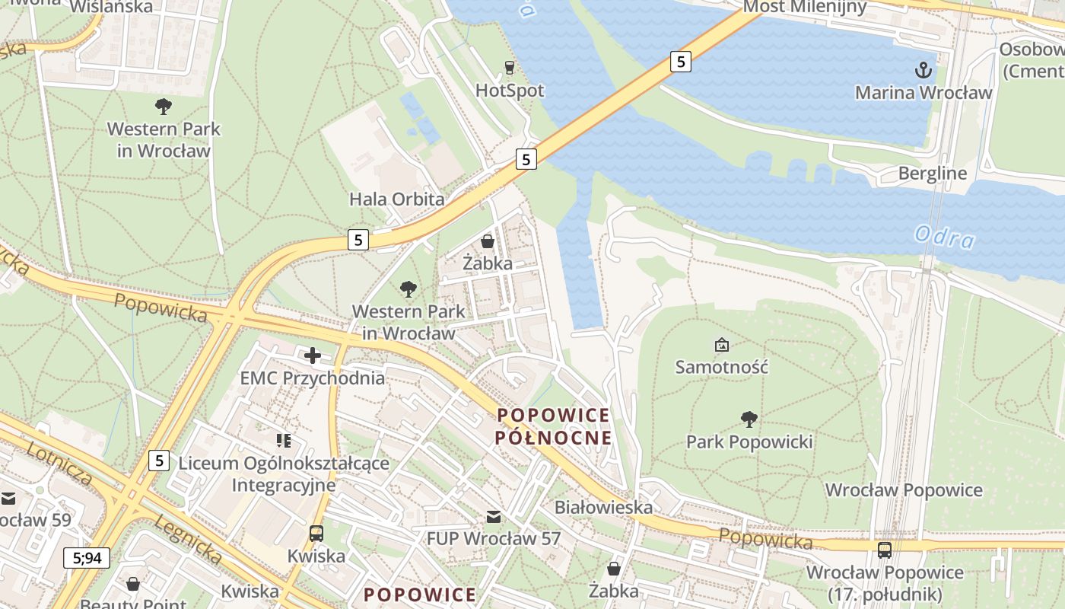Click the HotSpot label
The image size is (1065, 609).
coord(510,91)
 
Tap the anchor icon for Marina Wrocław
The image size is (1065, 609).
coord(923,71)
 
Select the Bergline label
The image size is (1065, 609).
coord(932,174)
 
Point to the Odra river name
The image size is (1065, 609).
coord(944,238)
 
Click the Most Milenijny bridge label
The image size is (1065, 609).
coord(805,8)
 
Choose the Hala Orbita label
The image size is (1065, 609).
coord(396,199)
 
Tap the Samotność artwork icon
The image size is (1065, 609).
coord(721,346)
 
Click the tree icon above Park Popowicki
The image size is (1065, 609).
coord(749,419)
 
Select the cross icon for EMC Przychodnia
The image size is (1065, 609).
coord(312,356)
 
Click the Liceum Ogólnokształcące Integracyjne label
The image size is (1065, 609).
coord(283,474)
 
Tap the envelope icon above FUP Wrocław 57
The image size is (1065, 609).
coord(494,518)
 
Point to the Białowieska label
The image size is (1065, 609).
coord(603,507)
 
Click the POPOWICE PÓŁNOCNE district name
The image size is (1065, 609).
coord(553,426)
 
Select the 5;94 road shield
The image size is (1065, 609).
coord(87,558)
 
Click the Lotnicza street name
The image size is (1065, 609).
coord(59,463)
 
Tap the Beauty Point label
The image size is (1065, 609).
coord(133,604)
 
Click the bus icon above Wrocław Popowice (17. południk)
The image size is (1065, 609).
coord(884,550)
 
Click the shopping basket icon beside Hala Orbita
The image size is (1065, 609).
coord(487,241)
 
